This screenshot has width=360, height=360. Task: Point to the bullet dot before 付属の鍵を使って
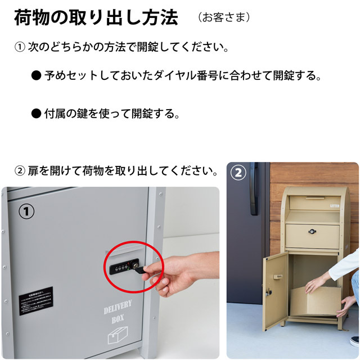coord(36,114)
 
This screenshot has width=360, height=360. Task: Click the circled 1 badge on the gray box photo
coord(27,211)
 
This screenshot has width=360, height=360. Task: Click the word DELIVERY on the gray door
coord(118,307)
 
